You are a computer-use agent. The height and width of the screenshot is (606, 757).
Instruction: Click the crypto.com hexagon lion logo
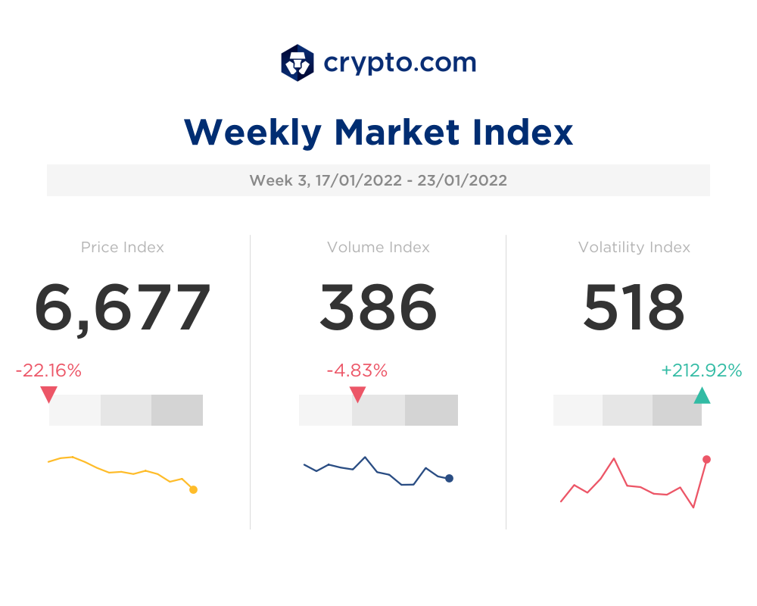(298, 62)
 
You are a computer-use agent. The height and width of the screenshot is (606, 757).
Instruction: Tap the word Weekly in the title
(252, 133)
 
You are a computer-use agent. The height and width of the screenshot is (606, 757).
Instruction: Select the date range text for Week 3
(378, 180)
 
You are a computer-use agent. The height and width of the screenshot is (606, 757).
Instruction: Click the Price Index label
(123, 247)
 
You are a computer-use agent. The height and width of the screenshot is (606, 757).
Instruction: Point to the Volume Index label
(378, 247)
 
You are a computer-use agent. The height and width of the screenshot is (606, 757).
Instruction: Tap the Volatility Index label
(634, 247)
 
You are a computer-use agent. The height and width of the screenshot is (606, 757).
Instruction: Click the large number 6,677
(123, 308)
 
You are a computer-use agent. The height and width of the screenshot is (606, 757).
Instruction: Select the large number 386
(378, 308)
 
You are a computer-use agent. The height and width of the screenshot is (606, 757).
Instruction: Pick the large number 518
(634, 308)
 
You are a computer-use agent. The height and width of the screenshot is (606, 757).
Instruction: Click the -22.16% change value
(48, 370)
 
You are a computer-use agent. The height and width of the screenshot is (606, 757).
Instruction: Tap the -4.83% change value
(357, 370)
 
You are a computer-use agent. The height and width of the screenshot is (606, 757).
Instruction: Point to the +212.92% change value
(701, 370)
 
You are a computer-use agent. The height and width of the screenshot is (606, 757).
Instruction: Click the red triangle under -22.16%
(48, 394)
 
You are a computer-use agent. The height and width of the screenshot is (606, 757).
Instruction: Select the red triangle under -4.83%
(357, 394)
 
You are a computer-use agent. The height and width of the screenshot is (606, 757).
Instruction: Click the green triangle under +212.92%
(702, 395)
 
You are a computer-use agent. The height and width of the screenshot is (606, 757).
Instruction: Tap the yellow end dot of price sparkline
(193, 489)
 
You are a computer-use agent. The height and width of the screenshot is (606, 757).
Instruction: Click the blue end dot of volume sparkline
(449, 478)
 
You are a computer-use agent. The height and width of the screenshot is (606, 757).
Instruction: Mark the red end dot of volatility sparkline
(706, 459)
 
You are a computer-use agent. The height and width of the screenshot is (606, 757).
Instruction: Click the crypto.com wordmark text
(400, 62)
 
